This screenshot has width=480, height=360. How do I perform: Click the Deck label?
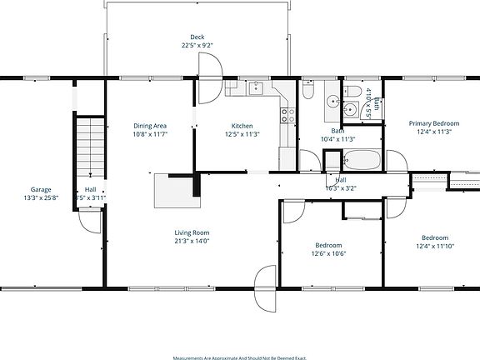pos(197,37)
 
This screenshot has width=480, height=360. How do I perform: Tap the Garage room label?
pos(42,189)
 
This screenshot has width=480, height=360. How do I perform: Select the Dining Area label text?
pos(151,126)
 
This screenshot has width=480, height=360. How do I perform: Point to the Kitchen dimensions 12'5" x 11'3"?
pos(242,134)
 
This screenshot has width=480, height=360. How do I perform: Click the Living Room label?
pos(192,232)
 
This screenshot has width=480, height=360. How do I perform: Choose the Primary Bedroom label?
pos(433,123)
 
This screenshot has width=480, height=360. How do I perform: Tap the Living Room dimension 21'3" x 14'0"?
pos(192,241)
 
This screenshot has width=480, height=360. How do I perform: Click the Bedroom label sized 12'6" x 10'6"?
pos(328,245)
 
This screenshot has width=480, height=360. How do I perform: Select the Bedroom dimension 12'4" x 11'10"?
pos(434,246)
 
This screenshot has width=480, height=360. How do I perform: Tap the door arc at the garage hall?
pos(87,220)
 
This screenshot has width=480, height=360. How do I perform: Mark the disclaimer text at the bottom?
pos(239,357)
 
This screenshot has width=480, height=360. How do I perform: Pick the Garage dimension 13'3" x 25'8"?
pos(42,197)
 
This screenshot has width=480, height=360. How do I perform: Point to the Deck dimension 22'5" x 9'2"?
pos(197,45)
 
